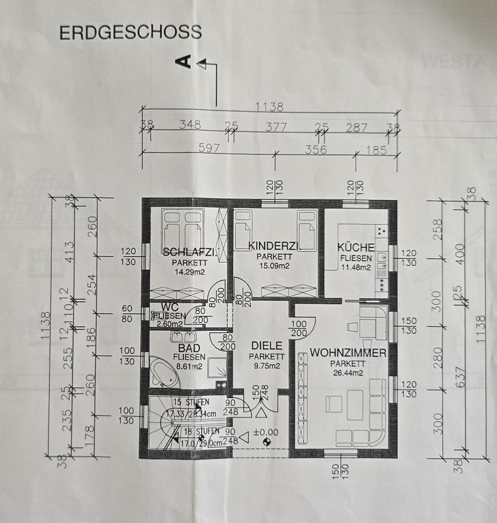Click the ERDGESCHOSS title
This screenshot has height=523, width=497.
130,33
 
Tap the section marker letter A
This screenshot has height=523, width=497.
185,62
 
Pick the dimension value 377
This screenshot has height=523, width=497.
275,126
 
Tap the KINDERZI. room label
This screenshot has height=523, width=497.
274,246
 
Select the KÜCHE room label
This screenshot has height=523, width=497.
356,247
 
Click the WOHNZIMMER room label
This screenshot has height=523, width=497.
347,352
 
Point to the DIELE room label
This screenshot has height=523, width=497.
266,346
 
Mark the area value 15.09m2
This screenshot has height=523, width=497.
274,265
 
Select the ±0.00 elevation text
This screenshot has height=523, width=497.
266,431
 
